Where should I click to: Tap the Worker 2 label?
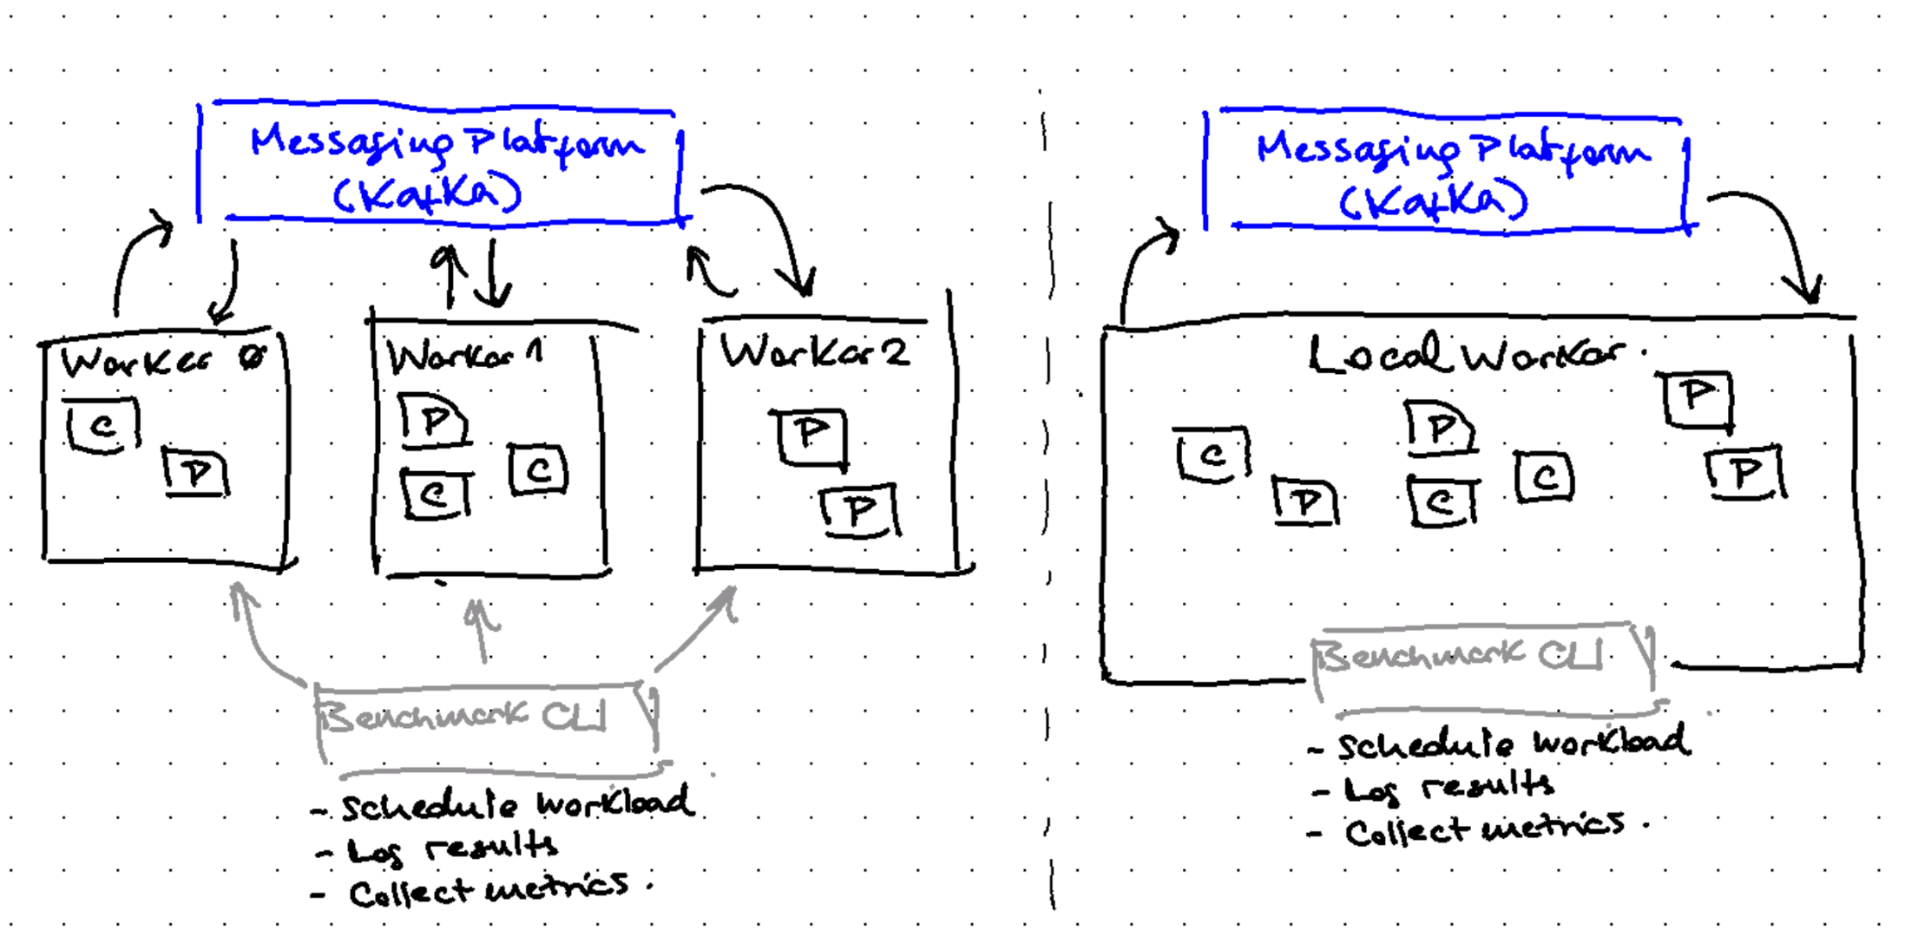pyautogui.click(x=815, y=352)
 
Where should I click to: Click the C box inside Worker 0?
pyautogui.click(x=103, y=426)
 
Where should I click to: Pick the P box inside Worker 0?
pyautogui.click(x=197, y=473)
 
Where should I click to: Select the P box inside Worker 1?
pyautogui.click(x=434, y=422)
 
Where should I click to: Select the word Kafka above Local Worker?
pyautogui.click(x=1433, y=201)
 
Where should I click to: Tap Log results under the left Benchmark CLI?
pyautogui.click(x=451, y=849)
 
